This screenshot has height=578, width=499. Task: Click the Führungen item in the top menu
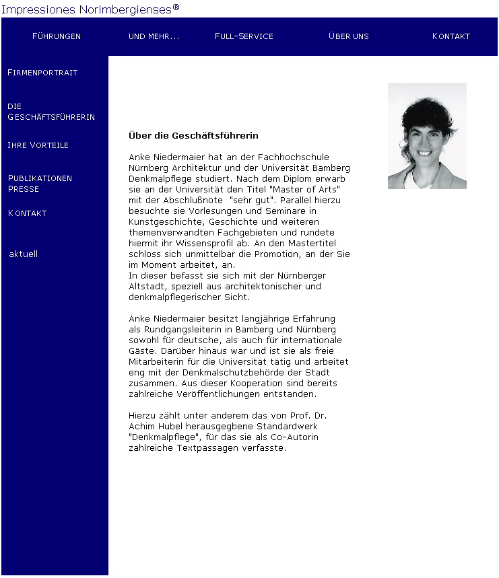[x=57, y=36]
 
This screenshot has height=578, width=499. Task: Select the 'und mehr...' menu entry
[x=154, y=36]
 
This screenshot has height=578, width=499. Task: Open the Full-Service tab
[x=244, y=36]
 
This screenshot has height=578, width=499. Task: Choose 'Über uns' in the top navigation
[x=349, y=36]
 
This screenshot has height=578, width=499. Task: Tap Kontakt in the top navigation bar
[x=451, y=36]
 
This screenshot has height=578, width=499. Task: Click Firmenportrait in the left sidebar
[x=42, y=73]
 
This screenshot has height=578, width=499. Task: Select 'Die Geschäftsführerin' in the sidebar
[x=51, y=112]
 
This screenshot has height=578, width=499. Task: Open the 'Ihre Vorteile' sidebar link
[x=38, y=145]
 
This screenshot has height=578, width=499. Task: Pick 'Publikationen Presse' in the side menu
[x=40, y=184]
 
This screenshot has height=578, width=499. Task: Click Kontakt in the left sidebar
[x=27, y=213]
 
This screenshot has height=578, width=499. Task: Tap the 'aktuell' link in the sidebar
[x=24, y=254]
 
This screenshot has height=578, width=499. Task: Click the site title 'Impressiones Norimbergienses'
[x=90, y=9]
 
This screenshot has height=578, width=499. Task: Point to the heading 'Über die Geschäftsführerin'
[x=193, y=136]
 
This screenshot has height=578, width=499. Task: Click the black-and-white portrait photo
[x=427, y=135]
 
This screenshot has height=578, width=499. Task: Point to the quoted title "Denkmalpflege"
[x=160, y=437]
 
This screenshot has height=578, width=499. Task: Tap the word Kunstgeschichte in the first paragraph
[x=166, y=221]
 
